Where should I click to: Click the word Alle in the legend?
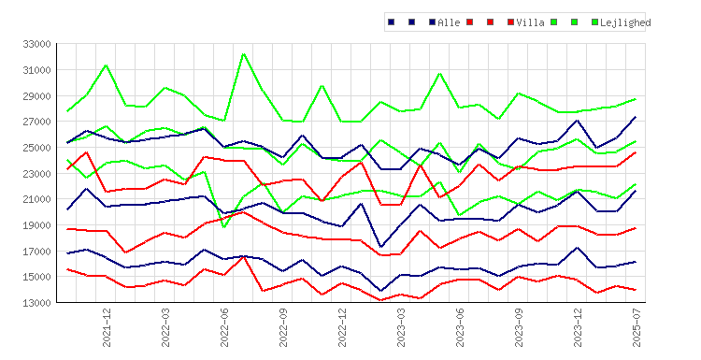tap(449, 22)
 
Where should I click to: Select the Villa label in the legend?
tap(530, 22)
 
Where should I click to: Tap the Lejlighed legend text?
tap(625, 22)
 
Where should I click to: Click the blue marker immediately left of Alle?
tap(432, 22)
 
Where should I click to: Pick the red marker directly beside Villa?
tap(510, 22)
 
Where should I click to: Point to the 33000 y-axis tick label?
tap(36, 44)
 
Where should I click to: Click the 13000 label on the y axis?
tap(36, 303)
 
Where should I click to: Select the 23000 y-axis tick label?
tap(36, 174)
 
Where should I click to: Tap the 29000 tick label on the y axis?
tap(36, 96)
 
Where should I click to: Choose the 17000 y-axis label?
tap(36, 252)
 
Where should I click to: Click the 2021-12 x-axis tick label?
tap(107, 327)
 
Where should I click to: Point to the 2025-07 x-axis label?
tap(637, 327)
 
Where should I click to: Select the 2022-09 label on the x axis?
tap(283, 327)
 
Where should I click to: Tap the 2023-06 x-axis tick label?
tap(460, 327)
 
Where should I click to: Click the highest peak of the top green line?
tap(243, 54)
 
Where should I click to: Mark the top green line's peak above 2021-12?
tap(106, 65)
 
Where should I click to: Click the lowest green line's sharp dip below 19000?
tap(224, 227)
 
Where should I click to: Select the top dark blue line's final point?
tap(636, 117)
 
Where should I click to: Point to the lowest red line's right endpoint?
tap(636, 290)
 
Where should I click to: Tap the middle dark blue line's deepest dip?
tap(381, 247)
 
